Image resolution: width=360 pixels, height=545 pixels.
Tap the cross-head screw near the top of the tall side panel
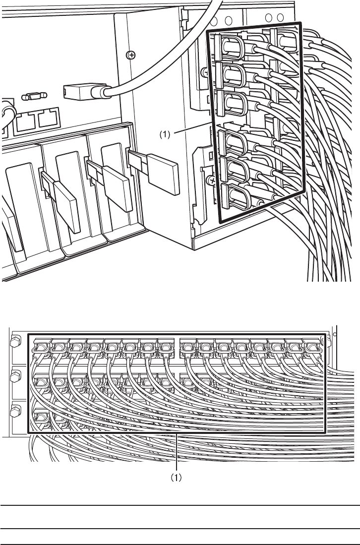pyautogui.click(x=131, y=55)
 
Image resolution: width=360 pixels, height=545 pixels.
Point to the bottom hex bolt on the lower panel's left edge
pyautogui.click(x=15, y=411)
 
